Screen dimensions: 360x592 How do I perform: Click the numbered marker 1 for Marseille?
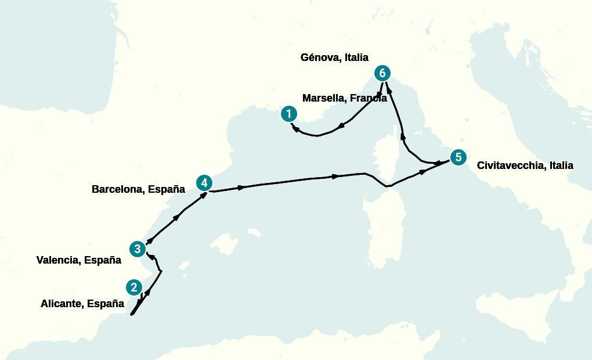(x=289, y=114)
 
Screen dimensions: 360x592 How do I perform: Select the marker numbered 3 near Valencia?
(x=137, y=249)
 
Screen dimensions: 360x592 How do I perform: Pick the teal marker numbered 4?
(x=204, y=183)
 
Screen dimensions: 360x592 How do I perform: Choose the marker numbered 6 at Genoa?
(x=381, y=73)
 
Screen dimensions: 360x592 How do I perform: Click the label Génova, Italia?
(x=334, y=57)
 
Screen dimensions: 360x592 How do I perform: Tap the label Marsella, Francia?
(x=344, y=98)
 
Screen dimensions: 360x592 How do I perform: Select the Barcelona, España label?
(x=138, y=189)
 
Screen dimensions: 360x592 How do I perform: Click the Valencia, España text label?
(x=78, y=260)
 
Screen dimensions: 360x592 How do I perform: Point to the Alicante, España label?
(x=82, y=303)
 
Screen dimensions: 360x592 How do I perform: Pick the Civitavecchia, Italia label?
(x=525, y=165)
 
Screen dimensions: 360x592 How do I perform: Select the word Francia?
(x=369, y=98)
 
